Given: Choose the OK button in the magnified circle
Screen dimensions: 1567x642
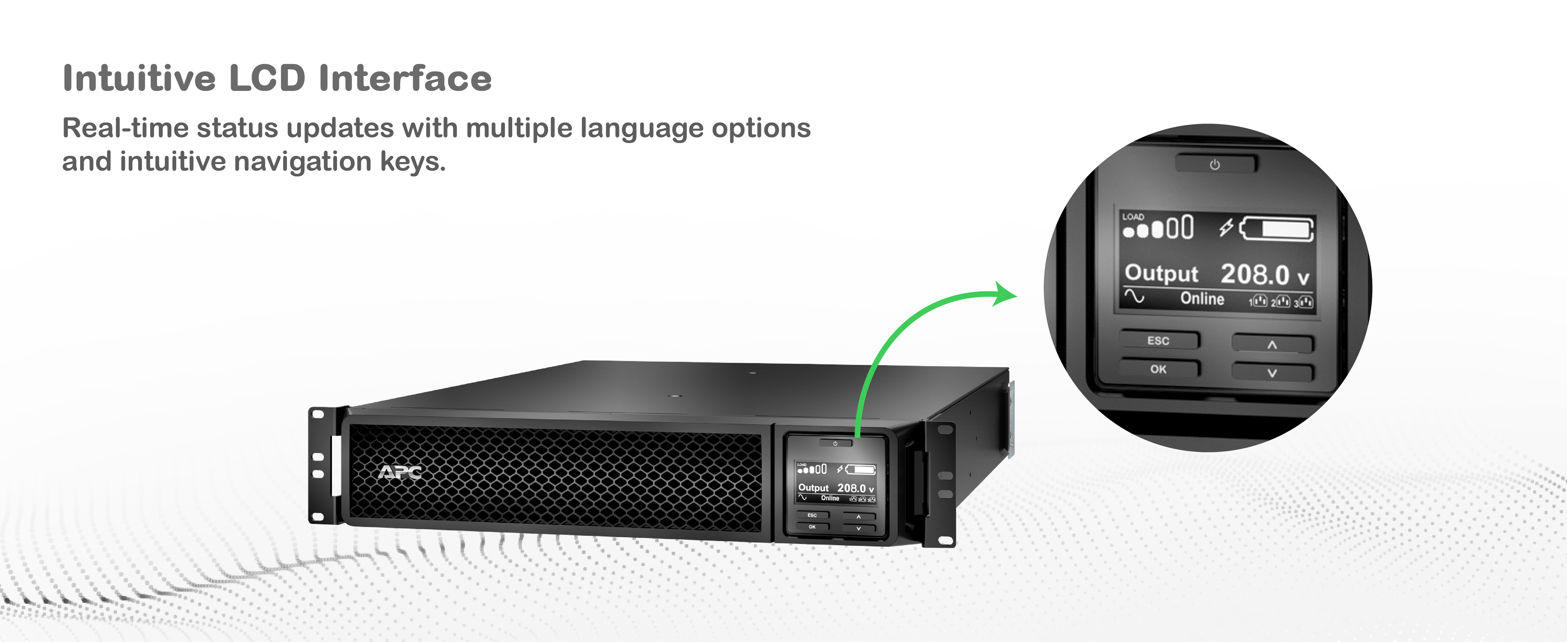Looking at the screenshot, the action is [1159, 369].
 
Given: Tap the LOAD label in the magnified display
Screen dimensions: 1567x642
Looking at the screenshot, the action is [1133, 216].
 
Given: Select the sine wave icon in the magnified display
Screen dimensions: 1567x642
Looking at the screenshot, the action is [1134, 297].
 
